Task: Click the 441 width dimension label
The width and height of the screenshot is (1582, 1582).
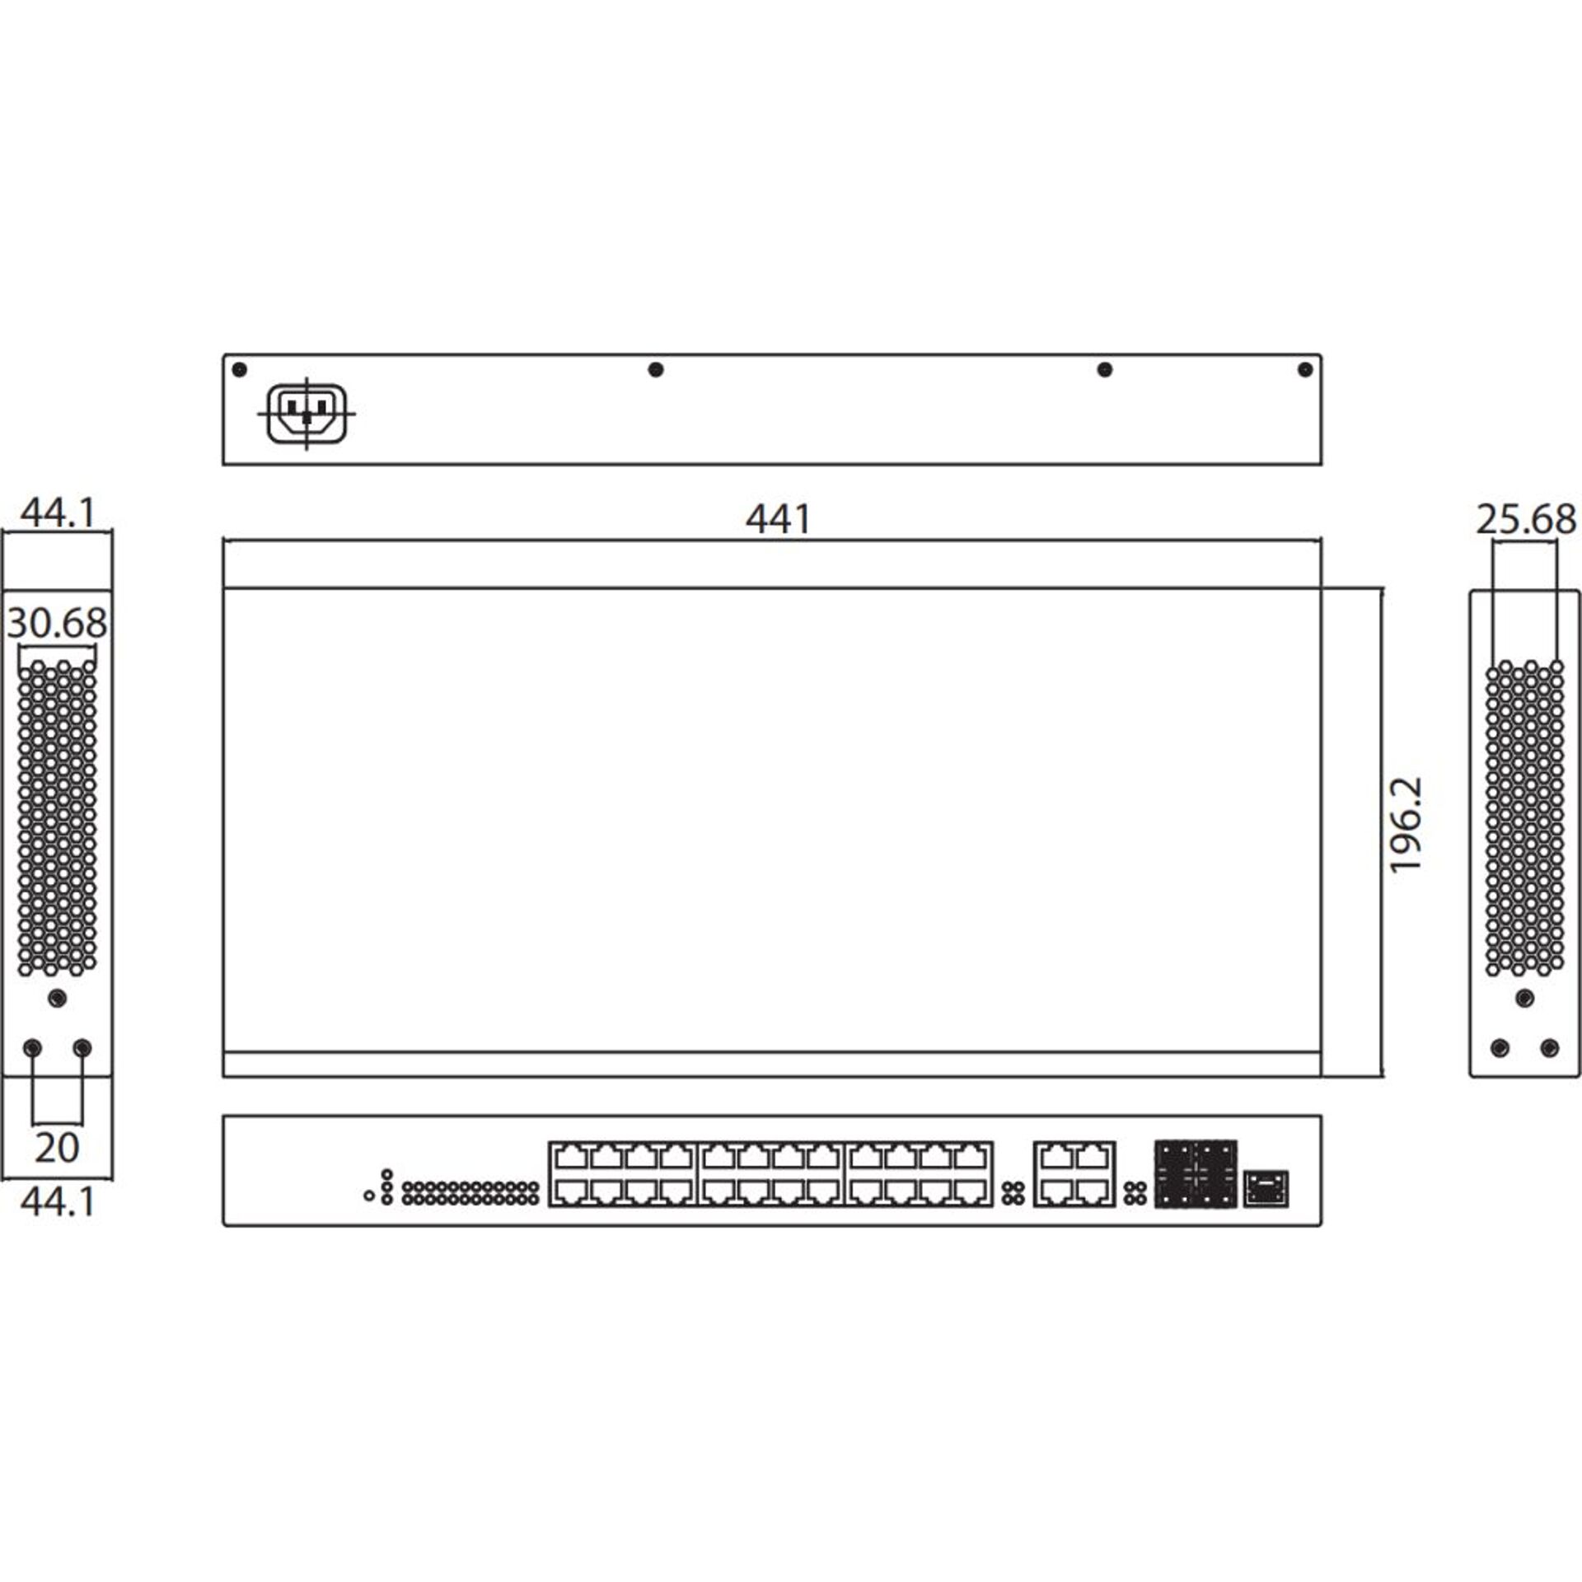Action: tap(778, 519)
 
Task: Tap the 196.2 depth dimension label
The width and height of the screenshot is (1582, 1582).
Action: tap(1406, 824)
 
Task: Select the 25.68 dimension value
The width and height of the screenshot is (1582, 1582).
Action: tap(1526, 520)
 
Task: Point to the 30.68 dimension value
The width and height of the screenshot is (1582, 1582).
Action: tap(57, 623)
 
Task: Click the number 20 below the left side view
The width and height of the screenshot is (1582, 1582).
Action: tap(57, 1147)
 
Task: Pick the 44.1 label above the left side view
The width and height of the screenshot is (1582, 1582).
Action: tap(57, 513)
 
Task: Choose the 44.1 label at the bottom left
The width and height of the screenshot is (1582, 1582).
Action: tap(57, 1202)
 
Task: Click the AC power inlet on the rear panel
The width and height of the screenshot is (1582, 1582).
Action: tap(307, 414)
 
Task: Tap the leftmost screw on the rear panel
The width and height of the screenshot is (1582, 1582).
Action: tap(239, 369)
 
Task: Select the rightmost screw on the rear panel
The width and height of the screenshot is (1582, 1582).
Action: tap(1304, 369)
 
